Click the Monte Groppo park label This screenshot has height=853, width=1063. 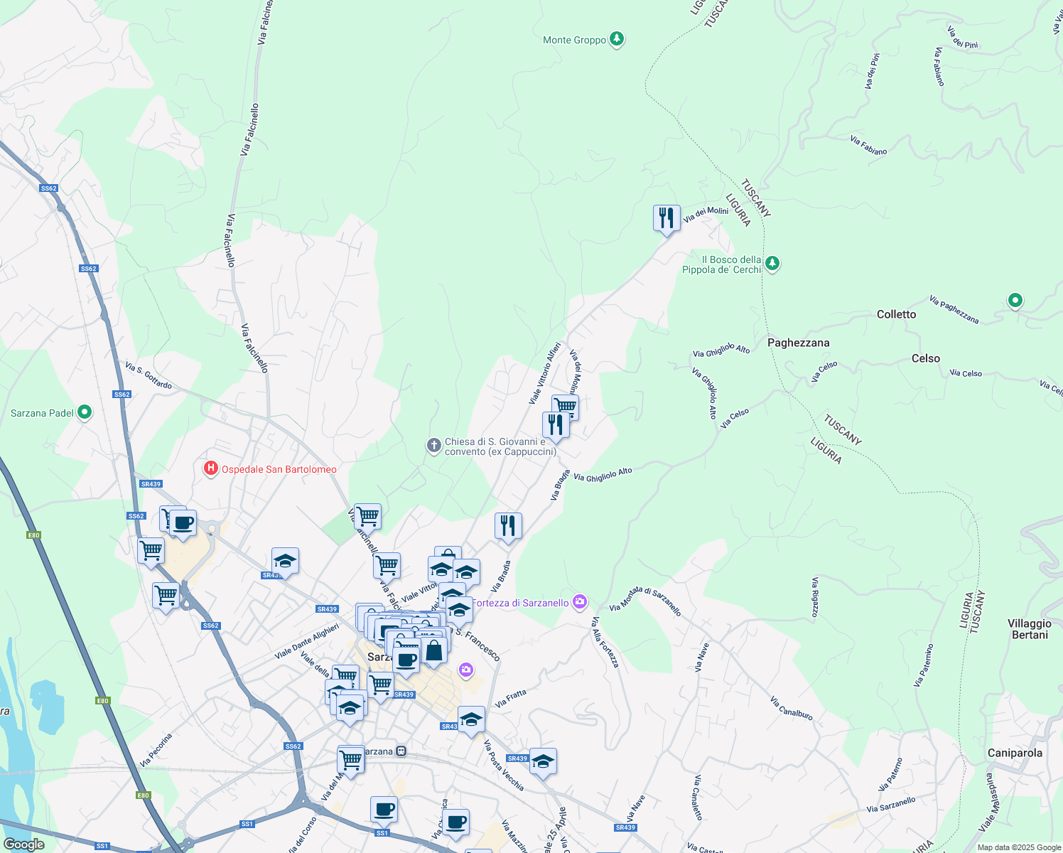[574, 41]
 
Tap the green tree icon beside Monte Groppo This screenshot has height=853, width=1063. [617, 39]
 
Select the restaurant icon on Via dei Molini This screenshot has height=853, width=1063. [667, 218]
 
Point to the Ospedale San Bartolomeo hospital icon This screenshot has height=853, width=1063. [210, 468]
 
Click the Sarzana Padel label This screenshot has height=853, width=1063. [42, 413]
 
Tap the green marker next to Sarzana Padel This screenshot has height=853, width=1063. [85, 412]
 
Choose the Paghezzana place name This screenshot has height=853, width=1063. [798, 343]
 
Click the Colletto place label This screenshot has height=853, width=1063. [896, 314]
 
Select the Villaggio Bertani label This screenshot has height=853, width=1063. [1029, 629]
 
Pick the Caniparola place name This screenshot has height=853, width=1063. [1015, 753]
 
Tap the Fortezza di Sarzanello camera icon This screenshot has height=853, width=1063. [581, 602]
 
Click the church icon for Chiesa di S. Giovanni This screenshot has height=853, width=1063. [433, 446]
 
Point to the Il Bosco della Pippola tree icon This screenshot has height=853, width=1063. [772, 264]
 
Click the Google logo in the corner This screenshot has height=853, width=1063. [24, 844]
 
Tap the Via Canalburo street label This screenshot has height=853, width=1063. [791, 708]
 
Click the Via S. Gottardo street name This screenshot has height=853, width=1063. [149, 375]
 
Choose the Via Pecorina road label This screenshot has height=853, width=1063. [156, 751]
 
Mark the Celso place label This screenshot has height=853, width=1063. [925, 358]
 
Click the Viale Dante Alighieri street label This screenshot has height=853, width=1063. [307, 642]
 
